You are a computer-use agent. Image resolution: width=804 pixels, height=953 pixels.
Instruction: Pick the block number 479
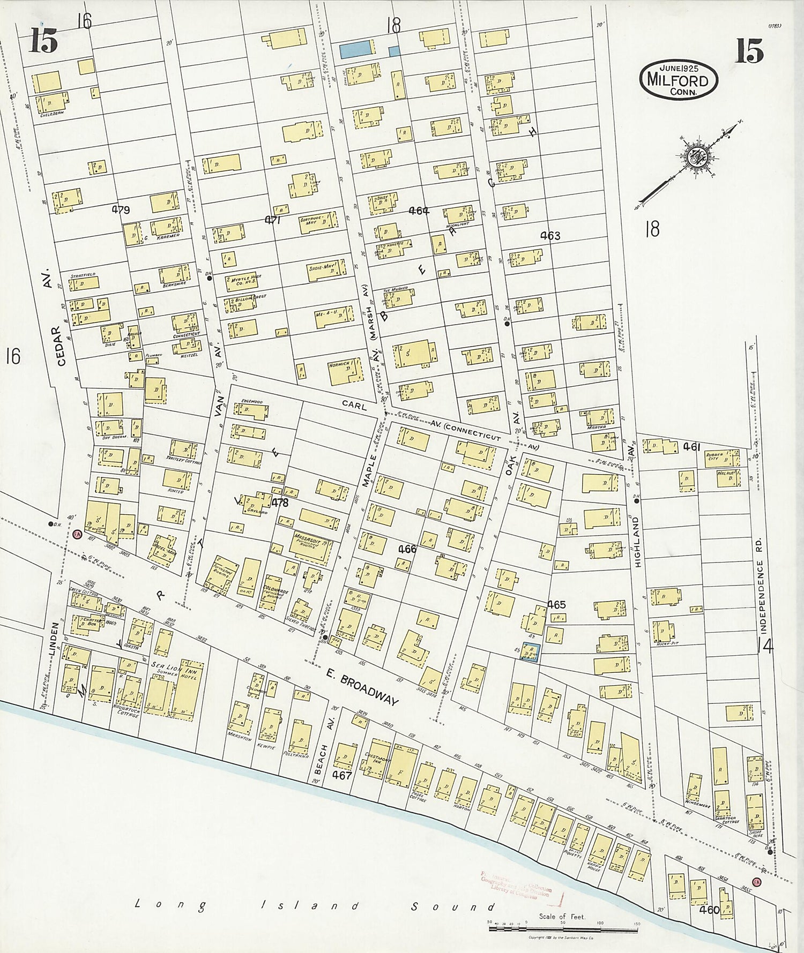121,210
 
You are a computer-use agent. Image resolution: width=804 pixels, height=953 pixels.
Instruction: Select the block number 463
550,235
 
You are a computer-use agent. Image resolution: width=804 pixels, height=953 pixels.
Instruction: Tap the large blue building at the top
355,49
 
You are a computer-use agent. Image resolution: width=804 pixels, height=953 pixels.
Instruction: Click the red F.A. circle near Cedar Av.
77,534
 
